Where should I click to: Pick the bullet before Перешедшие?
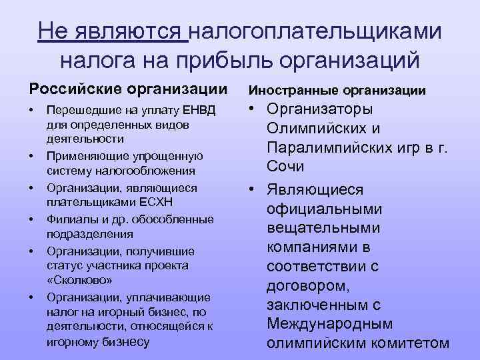coord(31,109)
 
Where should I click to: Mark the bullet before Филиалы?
coord(31,219)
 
